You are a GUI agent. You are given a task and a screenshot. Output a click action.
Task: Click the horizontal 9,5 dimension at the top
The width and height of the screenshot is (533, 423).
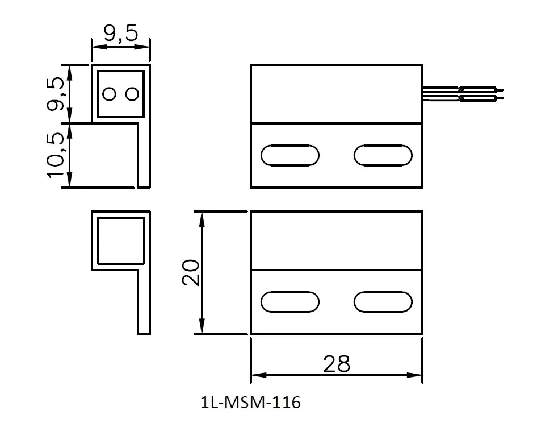(x=120, y=34)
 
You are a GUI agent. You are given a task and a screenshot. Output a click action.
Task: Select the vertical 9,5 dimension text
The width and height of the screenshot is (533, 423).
(x=56, y=94)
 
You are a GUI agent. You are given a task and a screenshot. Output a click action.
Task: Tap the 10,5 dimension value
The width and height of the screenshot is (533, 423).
(x=56, y=155)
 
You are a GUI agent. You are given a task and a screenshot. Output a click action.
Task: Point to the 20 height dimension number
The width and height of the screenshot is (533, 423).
(x=190, y=272)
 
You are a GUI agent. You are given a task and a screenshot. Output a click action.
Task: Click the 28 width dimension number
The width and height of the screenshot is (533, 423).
(x=336, y=363)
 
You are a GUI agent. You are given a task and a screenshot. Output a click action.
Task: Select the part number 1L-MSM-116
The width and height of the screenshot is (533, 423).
(x=250, y=403)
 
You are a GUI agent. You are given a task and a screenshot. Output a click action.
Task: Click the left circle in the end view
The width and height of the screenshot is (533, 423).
(x=110, y=94)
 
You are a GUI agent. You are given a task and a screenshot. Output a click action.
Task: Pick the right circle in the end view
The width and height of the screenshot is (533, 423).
(x=132, y=94)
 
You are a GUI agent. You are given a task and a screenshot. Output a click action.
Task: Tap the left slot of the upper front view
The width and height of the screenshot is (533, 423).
(x=289, y=155)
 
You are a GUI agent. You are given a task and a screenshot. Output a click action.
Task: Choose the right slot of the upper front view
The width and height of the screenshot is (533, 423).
(x=382, y=155)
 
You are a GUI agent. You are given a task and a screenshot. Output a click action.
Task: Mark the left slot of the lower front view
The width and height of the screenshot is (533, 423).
(x=289, y=302)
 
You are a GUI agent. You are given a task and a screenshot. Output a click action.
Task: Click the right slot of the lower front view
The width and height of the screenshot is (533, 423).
(x=382, y=302)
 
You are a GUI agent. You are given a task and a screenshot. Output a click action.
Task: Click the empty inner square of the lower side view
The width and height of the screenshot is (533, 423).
(x=121, y=240)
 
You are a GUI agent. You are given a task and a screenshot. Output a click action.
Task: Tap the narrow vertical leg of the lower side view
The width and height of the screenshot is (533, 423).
(x=144, y=301)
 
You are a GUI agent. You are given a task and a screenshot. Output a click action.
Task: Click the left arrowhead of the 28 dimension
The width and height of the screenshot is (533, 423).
(x=255, y=375)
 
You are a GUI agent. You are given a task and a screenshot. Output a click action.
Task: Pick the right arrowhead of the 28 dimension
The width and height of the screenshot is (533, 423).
(x=418, y=375)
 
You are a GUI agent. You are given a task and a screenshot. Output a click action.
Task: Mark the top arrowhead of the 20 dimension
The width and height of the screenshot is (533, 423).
(x=201, y=215)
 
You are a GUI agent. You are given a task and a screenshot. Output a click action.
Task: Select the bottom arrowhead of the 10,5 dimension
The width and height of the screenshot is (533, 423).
(x=69, y=183)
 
